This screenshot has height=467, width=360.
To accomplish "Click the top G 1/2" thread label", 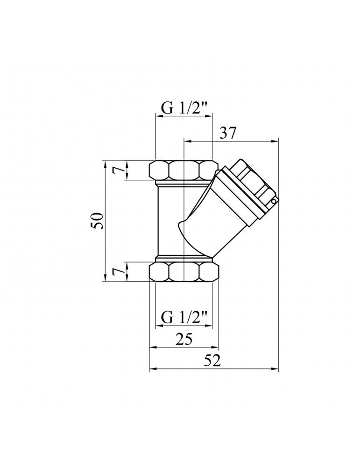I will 184,108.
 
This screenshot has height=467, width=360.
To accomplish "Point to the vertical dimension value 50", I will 97,221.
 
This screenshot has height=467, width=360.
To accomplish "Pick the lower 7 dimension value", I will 120,272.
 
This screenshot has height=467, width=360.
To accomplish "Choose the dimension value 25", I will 184,340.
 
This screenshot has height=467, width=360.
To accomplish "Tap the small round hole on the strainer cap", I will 274,201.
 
